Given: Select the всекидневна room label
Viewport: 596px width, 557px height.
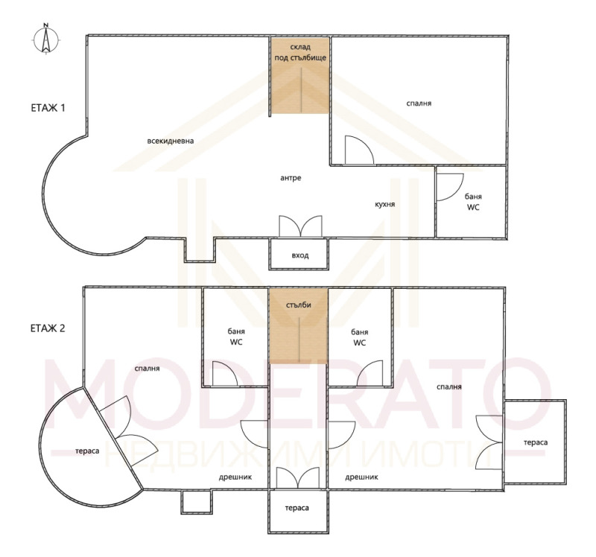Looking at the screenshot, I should click(170, 141).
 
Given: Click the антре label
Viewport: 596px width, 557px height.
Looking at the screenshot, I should click(291, 178).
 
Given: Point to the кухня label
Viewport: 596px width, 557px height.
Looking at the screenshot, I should click(385, 203).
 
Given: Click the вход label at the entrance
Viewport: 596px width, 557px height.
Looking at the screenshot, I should click(299, 256).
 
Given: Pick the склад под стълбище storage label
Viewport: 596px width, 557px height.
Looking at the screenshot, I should click(299, 52).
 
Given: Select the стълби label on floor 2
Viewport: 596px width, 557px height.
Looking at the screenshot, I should click(299, 305).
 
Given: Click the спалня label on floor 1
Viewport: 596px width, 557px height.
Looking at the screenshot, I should click(419, 104).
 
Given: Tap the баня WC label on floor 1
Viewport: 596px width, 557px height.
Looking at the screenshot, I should click(473, 202).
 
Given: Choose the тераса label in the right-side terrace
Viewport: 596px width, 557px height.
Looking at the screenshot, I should click(535, 442).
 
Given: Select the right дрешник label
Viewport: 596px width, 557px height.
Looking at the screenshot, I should click(362, 477).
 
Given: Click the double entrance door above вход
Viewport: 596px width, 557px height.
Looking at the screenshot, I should click(300, 226).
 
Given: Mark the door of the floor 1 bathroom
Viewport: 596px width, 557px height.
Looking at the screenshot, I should click(449, 186).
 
